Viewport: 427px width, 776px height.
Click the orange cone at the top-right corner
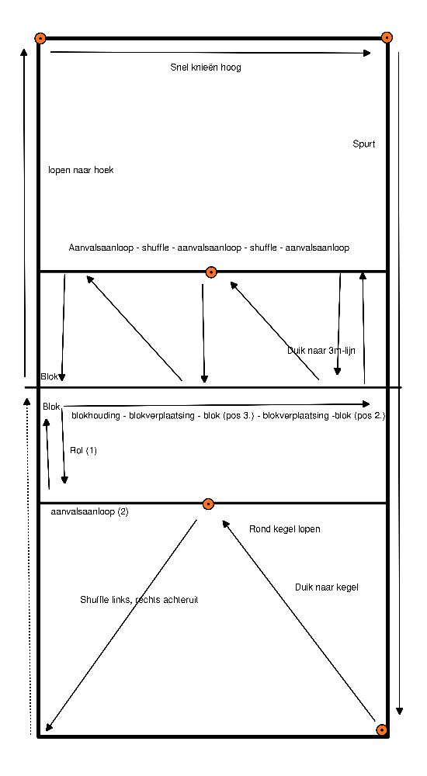pyautogui.click(x=387, y=37)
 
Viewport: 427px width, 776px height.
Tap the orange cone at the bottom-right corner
pyautogui.click(x=381, y=730)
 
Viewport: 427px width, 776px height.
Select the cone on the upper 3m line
pyautogui.click(x=211, y=272)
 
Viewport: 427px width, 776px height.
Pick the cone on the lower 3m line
pyautogui.click(x=209, y=504)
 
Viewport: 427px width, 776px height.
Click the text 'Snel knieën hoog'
pyautogui.click(x=206, y=68)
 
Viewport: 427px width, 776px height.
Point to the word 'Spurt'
pyautogui.click(x=363, y=144)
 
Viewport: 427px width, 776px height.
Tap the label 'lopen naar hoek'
pyautogui.click(x=81, y=170)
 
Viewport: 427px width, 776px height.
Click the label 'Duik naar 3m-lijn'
pyautogui.click(x=321, y=351)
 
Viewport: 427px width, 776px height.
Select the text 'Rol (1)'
pyautogui.click(x=84, y=450)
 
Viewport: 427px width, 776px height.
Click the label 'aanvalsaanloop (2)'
pyautogui.click(x=89, y=511)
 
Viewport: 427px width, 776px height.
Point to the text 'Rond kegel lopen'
pyautogui.click(x=284, y=529)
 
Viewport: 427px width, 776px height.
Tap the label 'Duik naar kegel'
pyautogui.click(x=326, y=587)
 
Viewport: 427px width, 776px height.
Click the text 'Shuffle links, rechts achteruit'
pyautogui.click(x=139, y=600)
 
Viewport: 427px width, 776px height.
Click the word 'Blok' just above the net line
pyautogui.click(x=50, y=376)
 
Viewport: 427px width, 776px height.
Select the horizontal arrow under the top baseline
pyautogui.click(x=210, y=53)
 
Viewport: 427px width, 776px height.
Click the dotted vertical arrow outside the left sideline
pyautogui.click(x=28, y=564)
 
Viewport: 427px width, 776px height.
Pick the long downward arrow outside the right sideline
pyautogui.click(x=399, y=382)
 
